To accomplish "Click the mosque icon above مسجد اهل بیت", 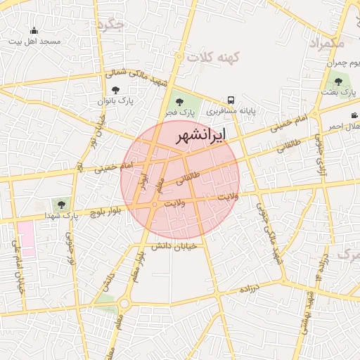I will click(x=34, y=30).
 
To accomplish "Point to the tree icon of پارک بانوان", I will click(x=115, y=90).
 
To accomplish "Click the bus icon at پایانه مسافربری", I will click(x=231, y=101).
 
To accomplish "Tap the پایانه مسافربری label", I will click(x=231, y=111).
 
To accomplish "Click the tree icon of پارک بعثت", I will click(x=339, y=82).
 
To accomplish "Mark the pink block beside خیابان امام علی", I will click(x=26, y=239).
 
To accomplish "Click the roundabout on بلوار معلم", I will click(x=124, y=304).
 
